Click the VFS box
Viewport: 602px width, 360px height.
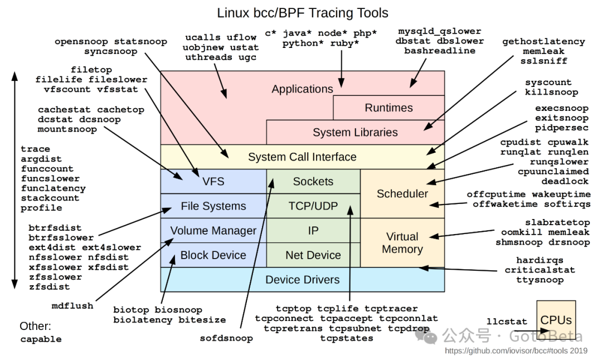(213, 182)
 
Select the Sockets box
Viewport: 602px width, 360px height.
(313, 182)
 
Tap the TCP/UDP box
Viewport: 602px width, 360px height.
(313, 206)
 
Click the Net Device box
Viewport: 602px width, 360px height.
(313, 255)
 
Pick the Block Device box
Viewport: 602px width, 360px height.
(213, 255)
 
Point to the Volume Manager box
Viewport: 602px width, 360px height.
(213, 231)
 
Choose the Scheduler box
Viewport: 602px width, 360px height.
(402, 194)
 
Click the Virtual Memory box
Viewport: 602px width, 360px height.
(402, 243)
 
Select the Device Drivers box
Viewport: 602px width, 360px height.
(302, 280)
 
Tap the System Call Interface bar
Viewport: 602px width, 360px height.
(302, 157)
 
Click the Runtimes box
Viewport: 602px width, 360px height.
(389, 108)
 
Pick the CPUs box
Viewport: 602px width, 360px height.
(556, 320)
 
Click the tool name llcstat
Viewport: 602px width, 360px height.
(507, 322)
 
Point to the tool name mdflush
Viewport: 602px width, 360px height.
(72, 305)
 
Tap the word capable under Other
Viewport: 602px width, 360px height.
(41, 339)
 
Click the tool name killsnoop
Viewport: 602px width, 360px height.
(551, 93)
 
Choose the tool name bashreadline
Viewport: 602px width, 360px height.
(440, 51)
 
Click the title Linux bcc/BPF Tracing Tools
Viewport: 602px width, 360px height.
(302, 12)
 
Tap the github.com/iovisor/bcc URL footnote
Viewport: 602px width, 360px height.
(516, 351)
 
